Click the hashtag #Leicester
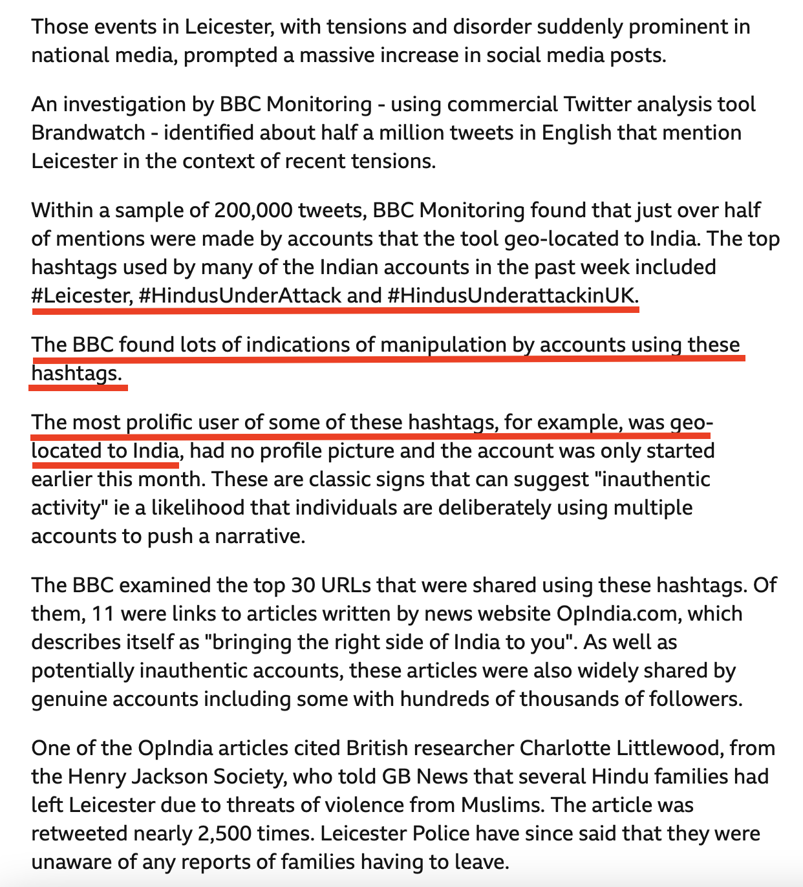click(x=81, y=295)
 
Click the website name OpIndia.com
click(x=617, y=614)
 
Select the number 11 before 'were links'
click(x=103, y=614)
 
